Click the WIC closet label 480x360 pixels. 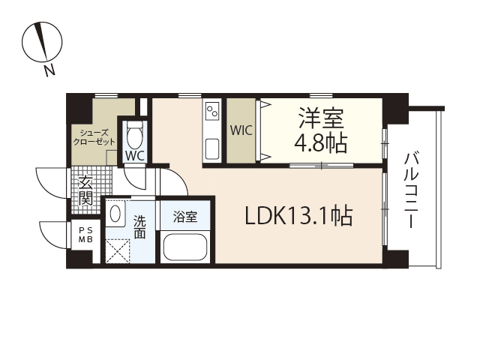[241, 130]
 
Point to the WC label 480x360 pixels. [135, 156]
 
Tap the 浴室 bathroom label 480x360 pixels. [185, 217]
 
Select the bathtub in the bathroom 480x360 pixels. [184, 247]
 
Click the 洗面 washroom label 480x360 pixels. [139, 226]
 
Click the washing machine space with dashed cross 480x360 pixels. [118, 250]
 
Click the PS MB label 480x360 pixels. [86, 235]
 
